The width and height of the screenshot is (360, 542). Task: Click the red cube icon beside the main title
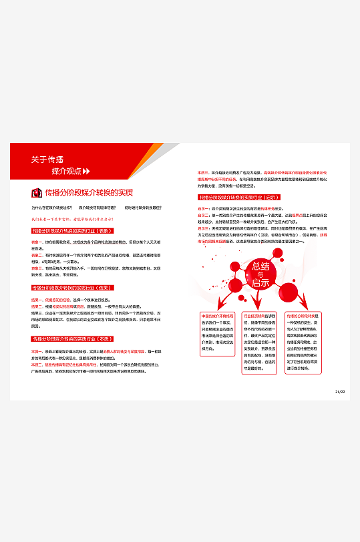point(37,193)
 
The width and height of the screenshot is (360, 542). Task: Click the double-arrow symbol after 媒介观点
point(85,172)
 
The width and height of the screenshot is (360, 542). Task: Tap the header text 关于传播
point(47,160)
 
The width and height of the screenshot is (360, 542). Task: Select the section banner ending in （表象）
point(71,231)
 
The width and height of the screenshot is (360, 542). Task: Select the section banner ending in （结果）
point(71,288)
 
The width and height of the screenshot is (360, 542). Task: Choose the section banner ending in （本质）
point(71,339)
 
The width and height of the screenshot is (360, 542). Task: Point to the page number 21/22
point(339,392)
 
